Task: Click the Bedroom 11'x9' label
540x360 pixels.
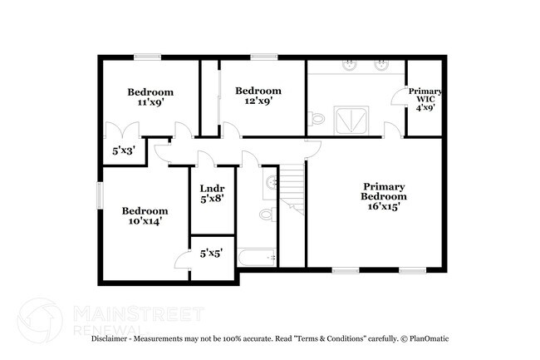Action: (x=150, y=98)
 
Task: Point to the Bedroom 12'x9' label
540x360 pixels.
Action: (x=258, y=96)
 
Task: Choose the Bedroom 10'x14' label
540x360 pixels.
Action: (x=145, y=216)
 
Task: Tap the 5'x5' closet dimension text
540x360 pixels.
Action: (x=211, y=254)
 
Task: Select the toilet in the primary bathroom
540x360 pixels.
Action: (x=315, y=119)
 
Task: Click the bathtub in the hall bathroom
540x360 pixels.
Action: (x=257, y=259)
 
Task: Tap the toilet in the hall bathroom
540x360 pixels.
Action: (x=266, y=215)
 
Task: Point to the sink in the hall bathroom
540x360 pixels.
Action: (x=271, y=181)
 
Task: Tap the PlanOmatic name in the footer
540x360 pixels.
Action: (x=429, y=339)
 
